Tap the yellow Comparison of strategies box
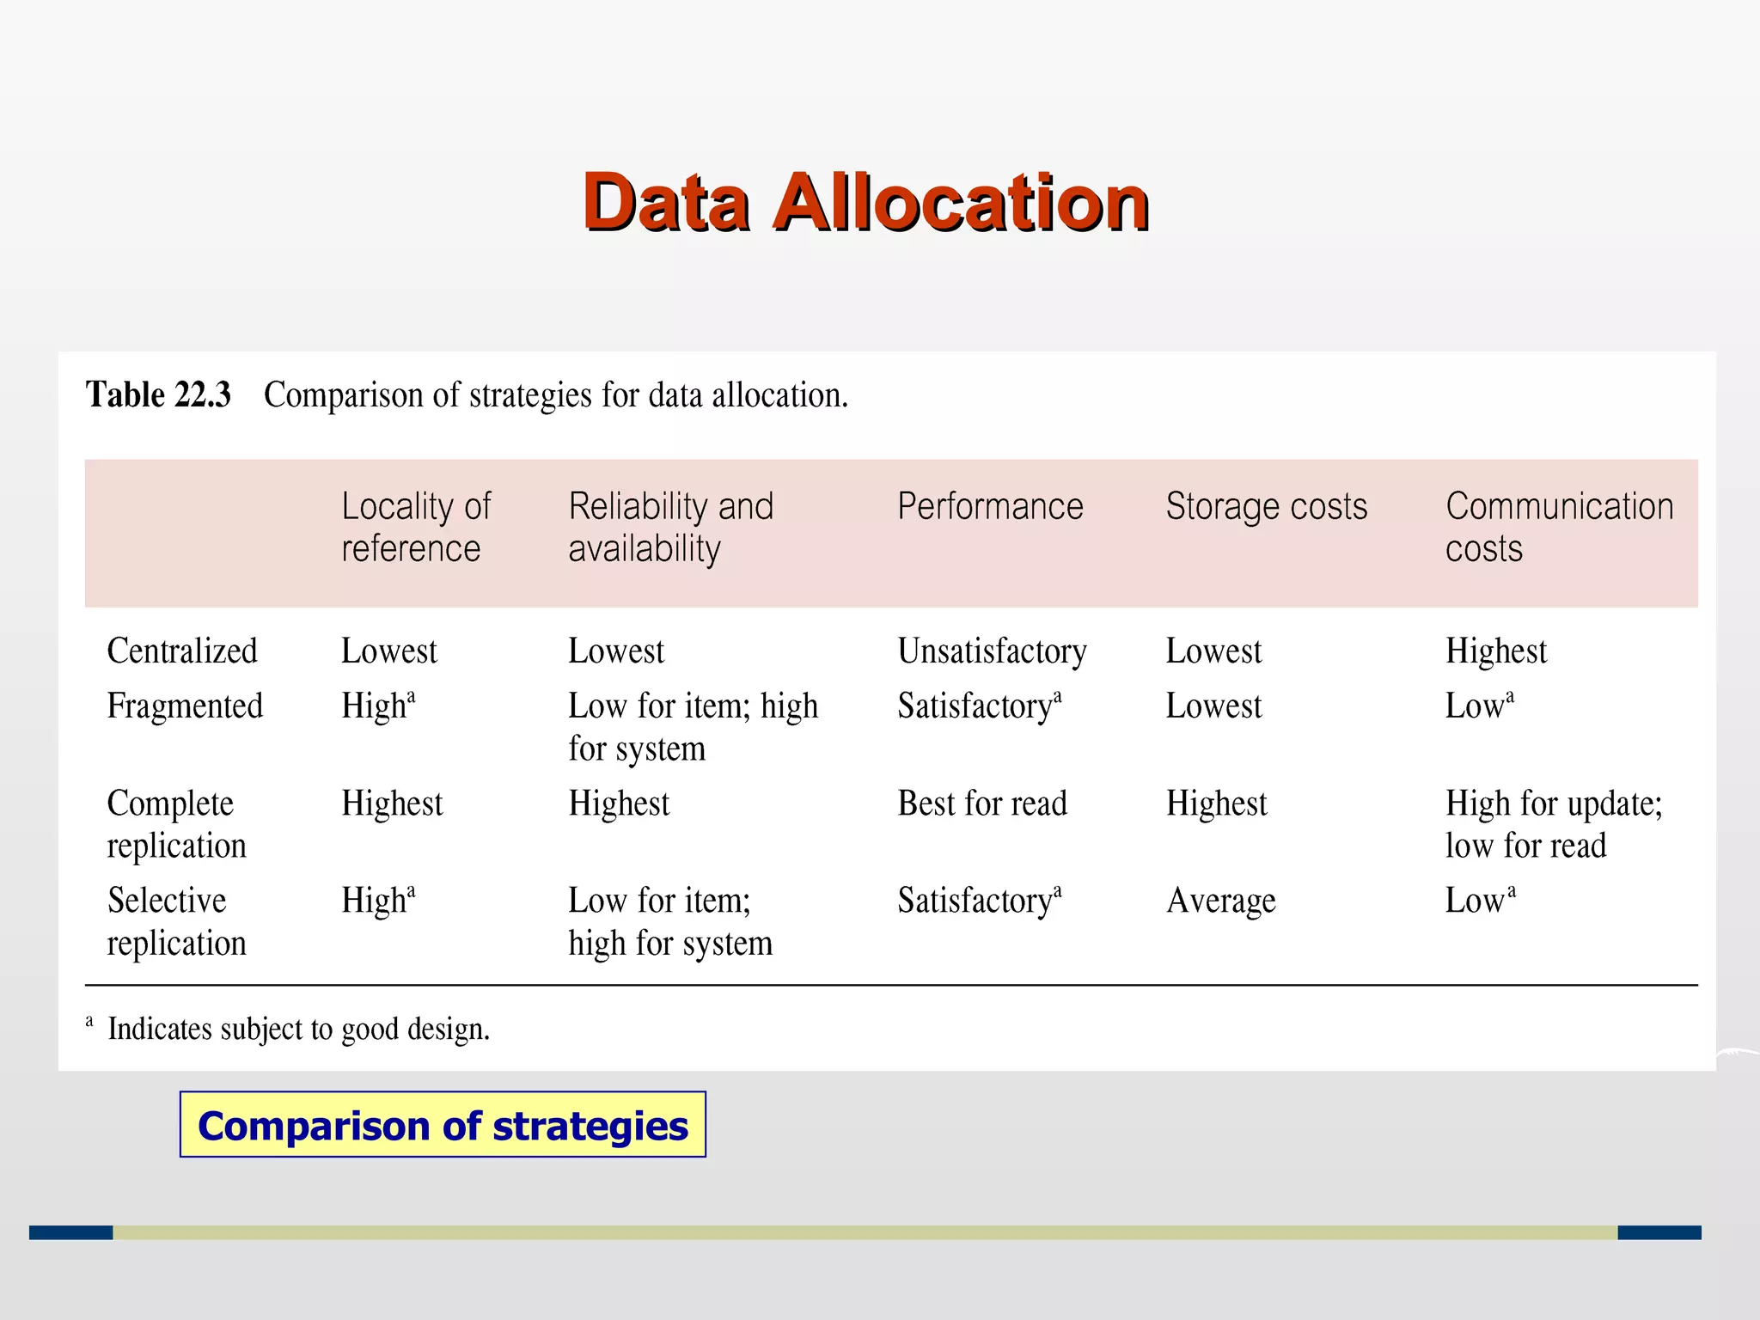tap(443, 1125)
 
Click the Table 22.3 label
tap(158, 395)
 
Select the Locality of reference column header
tap(416, 527)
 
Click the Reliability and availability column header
tap(670, 527)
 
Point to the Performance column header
tap(990, 506)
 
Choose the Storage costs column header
tap(1266, 506)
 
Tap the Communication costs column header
tap(1559, 527)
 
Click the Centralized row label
tap(182, 651)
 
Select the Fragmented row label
tap(185, 706)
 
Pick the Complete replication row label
tap(176, 824)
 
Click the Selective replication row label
tap(176, 921)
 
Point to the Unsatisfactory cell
tap(992, 651)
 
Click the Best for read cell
tap(982, 804)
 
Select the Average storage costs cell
tap(1220, 901)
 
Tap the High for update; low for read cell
tap(1553, 824)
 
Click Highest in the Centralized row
tap(1495, 651)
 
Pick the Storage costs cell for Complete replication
tap(1216, 804)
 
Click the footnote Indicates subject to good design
tap(298, 1029)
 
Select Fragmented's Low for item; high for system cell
tap(693, 727)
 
